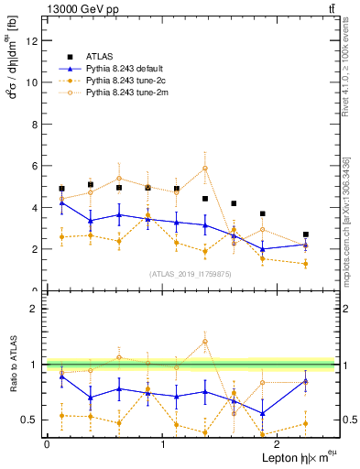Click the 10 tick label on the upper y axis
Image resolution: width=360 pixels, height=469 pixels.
(31, 82)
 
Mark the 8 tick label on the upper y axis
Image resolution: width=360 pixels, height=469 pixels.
(35, 124)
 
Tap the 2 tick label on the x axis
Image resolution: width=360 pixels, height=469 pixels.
(278, 444)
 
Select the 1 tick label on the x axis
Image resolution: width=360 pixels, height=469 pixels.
(162, 444)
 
